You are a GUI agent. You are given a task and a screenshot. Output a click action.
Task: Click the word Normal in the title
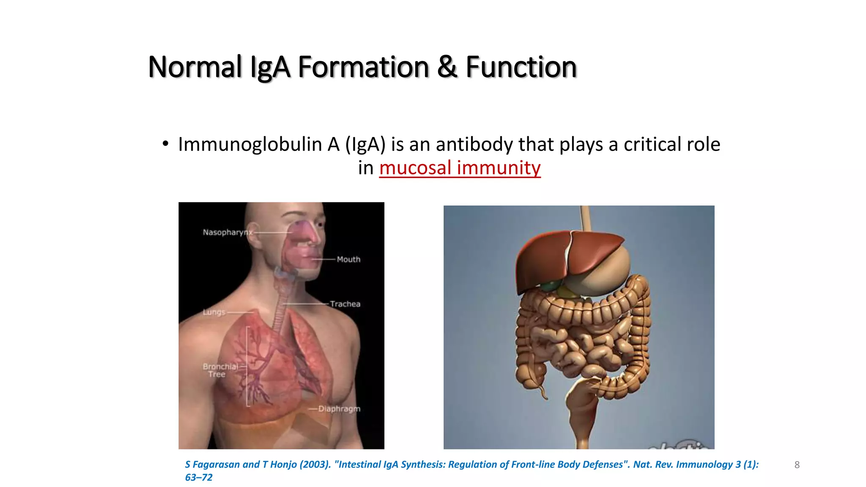point(195,67)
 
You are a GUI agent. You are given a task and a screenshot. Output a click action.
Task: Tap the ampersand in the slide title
point(447,67)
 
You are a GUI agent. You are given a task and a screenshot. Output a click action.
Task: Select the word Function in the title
point(521,67)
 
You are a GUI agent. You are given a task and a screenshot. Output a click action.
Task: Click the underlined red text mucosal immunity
point(460,168)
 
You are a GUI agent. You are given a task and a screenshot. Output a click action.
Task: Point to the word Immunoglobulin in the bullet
point(250,145)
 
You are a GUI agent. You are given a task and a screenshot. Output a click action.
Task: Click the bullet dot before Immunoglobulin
point(165,144)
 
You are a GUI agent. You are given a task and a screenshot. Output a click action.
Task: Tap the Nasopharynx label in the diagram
point(227,233)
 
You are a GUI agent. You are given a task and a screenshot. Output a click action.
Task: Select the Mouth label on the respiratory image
point(348,260)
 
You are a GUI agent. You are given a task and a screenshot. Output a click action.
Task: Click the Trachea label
point(345,304)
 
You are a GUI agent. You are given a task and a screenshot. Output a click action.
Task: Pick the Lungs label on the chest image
point(214,312)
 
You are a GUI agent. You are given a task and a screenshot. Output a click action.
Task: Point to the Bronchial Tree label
point(219,370)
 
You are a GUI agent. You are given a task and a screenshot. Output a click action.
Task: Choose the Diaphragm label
point(339,409)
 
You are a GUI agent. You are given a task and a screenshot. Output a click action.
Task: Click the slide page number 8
point(797,465)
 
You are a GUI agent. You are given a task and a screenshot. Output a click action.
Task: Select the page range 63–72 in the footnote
point(199,478)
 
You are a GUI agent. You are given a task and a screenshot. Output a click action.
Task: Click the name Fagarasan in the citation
point(216,465)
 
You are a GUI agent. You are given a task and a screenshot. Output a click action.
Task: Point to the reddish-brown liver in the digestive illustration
point(550,258)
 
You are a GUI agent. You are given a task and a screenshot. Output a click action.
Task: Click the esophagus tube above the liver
point(586,218)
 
